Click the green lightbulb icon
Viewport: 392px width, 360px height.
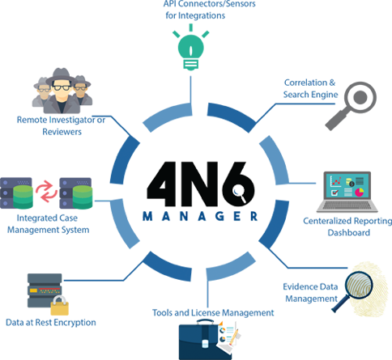(x=191, y=48)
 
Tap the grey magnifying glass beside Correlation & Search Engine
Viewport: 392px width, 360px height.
(x=351, y=106)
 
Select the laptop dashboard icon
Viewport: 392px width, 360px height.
(x=347, y=192)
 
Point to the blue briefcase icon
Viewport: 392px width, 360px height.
(x=205, y=340)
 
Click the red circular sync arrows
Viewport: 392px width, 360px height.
(x=46, y=192)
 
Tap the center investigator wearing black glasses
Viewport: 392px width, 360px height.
(x=62, y=91)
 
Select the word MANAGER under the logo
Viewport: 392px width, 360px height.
(x=200, y=216)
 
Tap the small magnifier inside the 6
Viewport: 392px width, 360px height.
(x=240, y=193)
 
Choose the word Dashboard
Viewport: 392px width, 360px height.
(x=349, y=232)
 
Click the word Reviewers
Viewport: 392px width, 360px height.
(x=62, y=132)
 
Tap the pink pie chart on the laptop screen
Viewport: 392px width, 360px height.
(x=360, y=192)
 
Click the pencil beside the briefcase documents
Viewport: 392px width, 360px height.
(x=234, y=337)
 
